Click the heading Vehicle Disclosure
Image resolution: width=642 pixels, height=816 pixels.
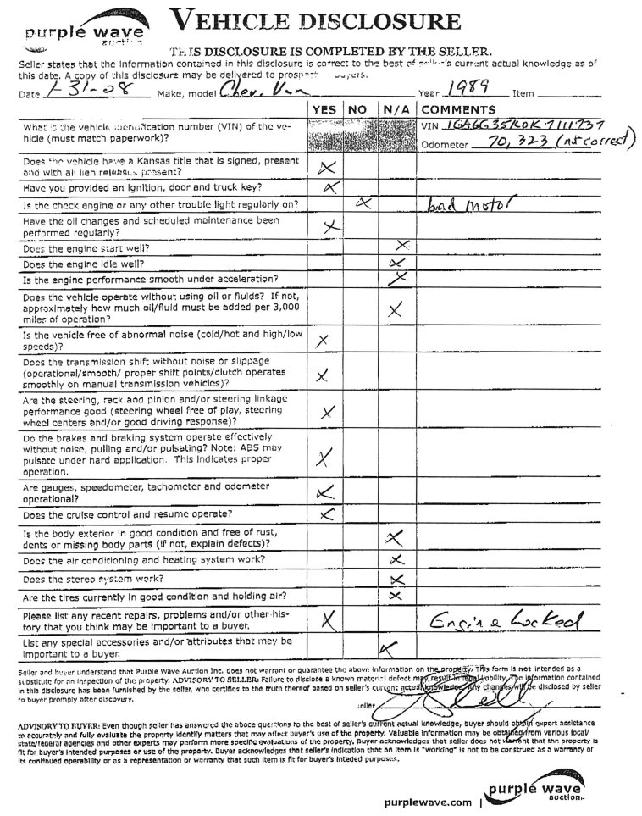pyautogui.click(x=316, y=22)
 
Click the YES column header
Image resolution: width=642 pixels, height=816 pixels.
pyautogui.click(x=324, y=109)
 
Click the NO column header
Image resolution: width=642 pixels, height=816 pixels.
pyautogui.click(x=357, y=109)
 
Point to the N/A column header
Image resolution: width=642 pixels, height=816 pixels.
pyautogui.click(x=393, y=109)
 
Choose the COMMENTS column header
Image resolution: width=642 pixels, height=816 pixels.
pyautogui.click(x=452, y=109)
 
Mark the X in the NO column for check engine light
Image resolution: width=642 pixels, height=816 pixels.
pyautogui.click(x=363, y=203)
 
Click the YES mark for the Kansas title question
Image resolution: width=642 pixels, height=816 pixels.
pyautogui.click(x=326, y=168)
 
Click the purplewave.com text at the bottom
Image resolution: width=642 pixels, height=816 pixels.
pyautogui.click(x=427, y=801)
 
